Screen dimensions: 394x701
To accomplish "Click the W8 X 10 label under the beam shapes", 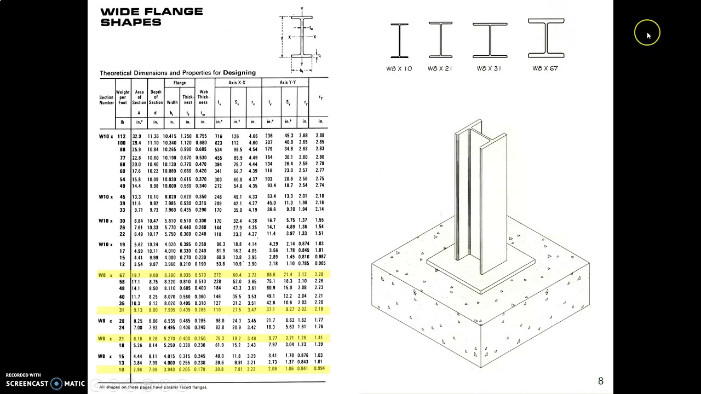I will coord(399,68).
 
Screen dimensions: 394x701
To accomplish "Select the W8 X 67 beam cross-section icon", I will coord(546,38).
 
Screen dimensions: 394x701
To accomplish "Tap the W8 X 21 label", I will coord(440,68).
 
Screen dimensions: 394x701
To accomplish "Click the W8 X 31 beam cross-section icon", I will coord(490,40).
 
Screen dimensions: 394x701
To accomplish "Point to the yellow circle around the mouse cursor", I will coord(647,33).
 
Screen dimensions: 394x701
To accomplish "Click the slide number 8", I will coord(601,381).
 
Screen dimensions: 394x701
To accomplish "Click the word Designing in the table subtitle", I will coord(239,73).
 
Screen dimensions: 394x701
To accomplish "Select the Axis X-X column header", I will coord(237,83).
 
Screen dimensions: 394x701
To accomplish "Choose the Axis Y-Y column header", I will coord(288,83).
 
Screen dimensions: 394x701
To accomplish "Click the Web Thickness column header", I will coord(203,97).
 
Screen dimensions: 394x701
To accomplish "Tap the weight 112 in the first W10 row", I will coord(121,136).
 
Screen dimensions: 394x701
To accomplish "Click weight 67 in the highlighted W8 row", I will coord(122,275).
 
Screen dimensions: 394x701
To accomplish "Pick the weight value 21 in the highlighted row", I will coord(122,339).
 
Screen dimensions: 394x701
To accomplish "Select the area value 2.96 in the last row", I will coord(138,370).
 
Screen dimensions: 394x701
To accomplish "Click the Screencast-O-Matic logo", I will coord(45,384).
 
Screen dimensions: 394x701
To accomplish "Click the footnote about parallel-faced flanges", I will coord(153,387).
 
